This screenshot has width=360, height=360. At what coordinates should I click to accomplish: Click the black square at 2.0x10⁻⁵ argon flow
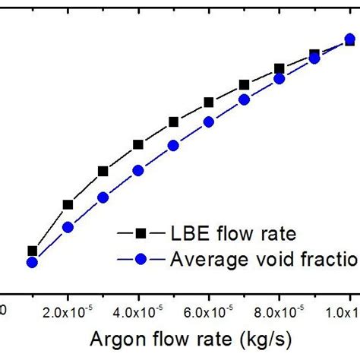(x=68, y=204)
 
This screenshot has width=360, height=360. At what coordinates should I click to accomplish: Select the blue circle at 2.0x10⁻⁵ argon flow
(x=68, y=227)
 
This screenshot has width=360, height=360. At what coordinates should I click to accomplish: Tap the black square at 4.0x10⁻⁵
(x=138, y=144)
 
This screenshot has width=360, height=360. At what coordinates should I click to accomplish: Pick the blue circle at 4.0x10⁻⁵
(x=138, y=171)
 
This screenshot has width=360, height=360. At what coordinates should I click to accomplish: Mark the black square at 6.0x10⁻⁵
(x=209, y=103)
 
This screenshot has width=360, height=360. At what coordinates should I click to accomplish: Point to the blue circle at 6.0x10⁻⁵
(x=209, y=122)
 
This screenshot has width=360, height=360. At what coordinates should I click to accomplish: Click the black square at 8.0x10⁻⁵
(x=279, y=68)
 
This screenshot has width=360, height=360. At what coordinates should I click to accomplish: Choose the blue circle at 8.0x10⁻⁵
(x=279, y=78)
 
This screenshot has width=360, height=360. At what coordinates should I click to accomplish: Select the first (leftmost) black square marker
(x=32, y=251)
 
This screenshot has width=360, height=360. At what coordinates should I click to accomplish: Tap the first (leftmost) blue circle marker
(x=32, y=263)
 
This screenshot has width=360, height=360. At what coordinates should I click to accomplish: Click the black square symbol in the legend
(x=140, y=232)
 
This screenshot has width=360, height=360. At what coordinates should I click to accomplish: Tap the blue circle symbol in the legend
(x=140, y=260)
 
